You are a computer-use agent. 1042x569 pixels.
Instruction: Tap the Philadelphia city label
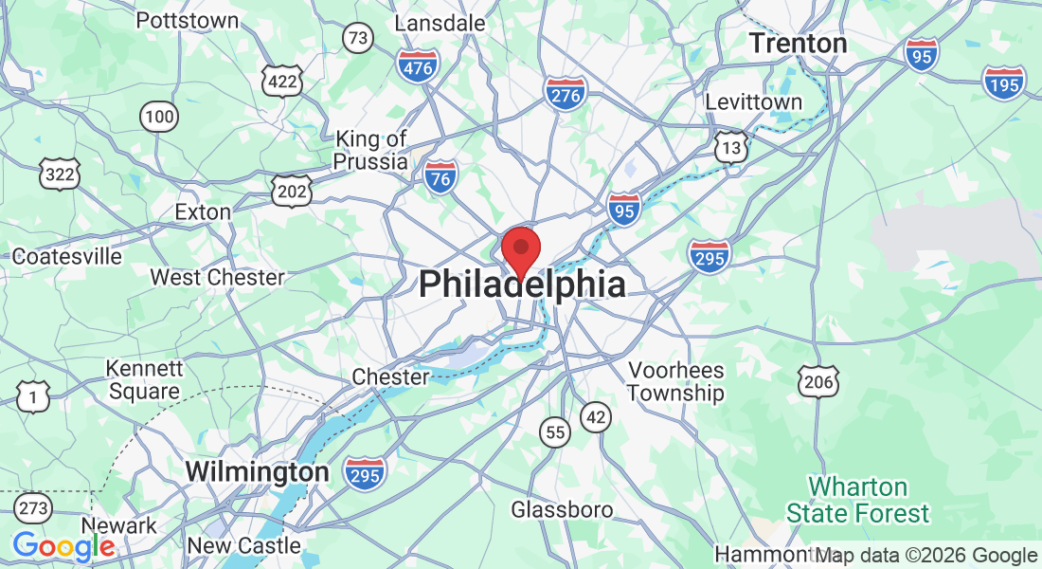(x=522, y=284)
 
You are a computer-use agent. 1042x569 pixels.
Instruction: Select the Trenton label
(x=798, y=43)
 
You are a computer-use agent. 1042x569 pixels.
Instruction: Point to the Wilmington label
(x=257, y=471)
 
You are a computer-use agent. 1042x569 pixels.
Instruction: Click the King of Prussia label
(x=370, y=151)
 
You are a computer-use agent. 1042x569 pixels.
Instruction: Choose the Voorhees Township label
(x=675, y=381)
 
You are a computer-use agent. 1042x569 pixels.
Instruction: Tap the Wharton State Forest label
(x=858, y=501)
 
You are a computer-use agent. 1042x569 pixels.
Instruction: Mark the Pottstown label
(x=188, y=20)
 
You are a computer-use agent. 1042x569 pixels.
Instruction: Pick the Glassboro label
(x=562, y=509)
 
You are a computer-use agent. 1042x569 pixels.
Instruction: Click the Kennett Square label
(x=143, y=379)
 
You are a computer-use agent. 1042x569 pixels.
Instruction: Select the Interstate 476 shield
(x=418, y=65)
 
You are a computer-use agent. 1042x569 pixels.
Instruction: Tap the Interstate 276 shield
(x=565, y=93)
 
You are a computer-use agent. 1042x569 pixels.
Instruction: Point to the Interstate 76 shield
(x=441, y=177)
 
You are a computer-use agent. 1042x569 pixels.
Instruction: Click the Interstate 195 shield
(x=1003, y=83)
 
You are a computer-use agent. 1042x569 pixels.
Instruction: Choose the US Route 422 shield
(x=284, y=82)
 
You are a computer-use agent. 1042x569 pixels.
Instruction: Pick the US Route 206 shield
(x=816, y=379)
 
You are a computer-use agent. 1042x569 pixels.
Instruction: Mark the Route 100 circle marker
(x=159, y=117)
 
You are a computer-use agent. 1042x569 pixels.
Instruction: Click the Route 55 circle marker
(x=556, y=432)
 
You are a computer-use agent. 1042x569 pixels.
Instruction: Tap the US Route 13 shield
(x=730, y=146)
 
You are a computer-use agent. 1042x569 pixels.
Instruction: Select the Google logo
(x=63, y=546)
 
